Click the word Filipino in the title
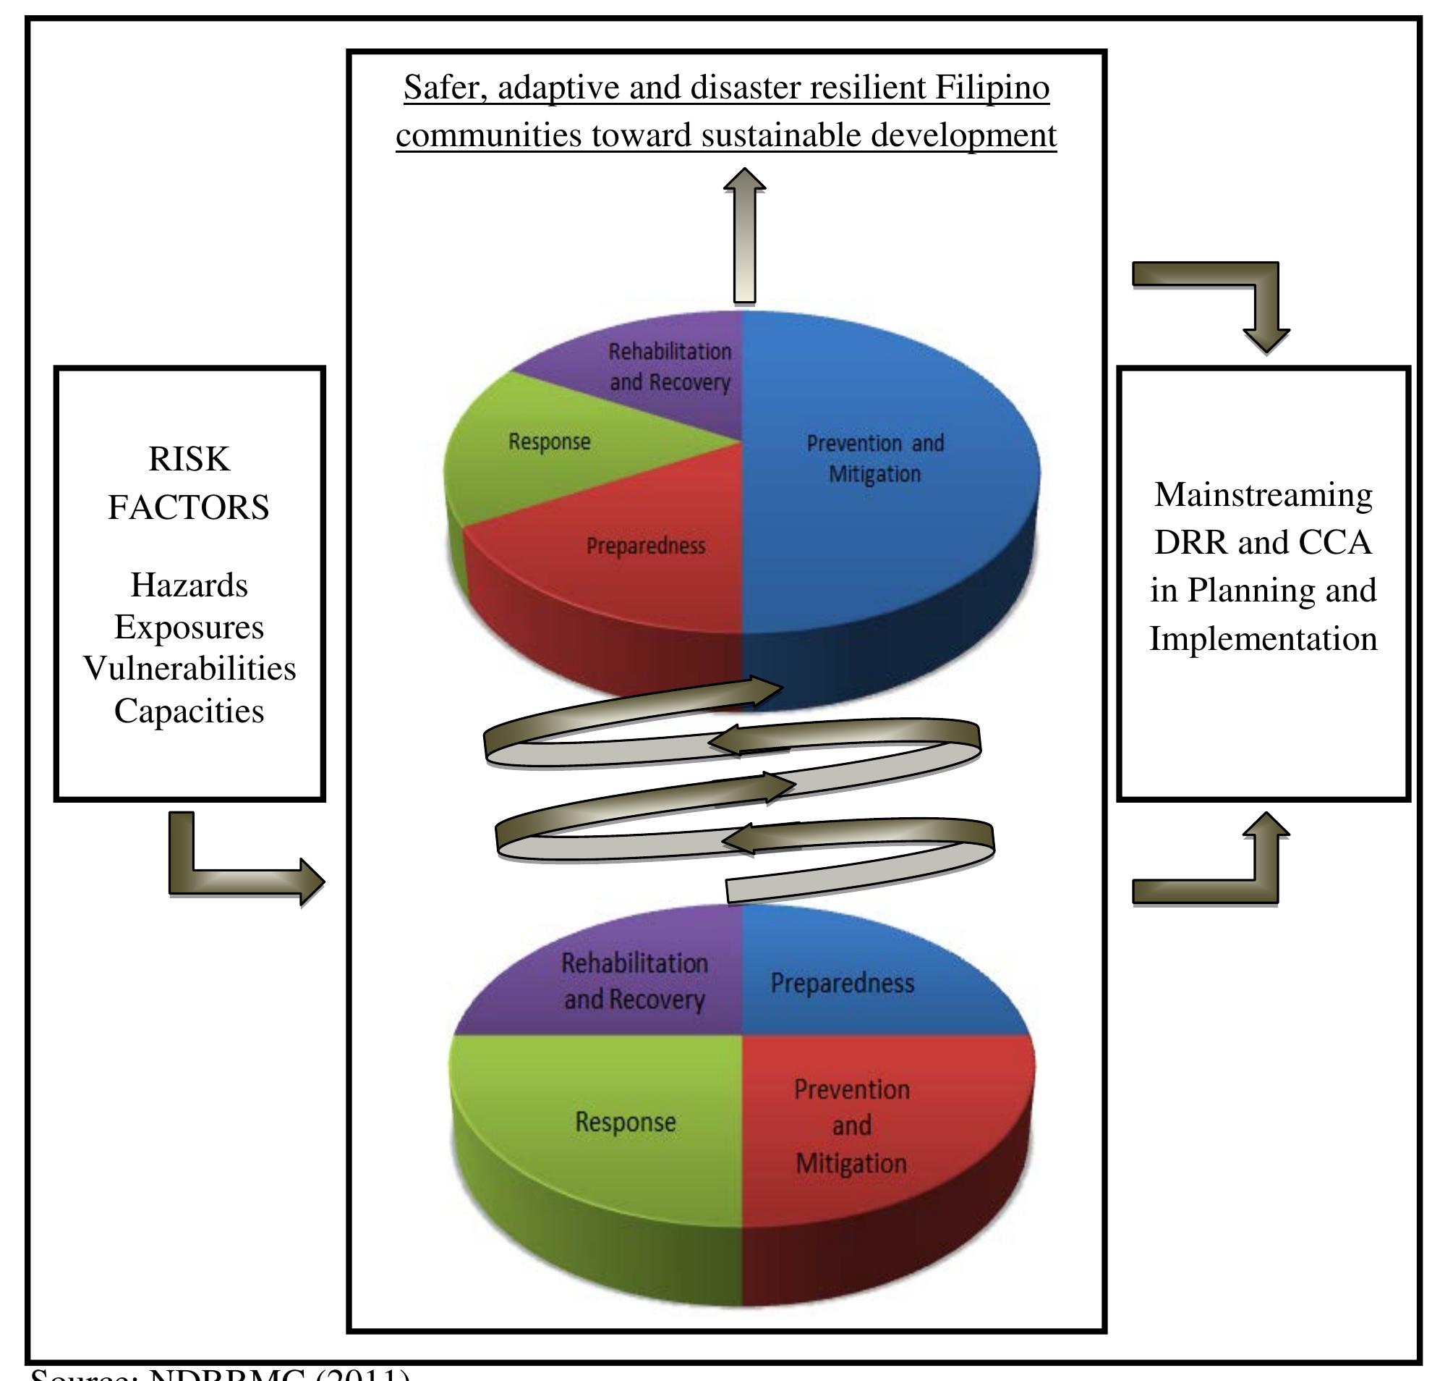(992, 88)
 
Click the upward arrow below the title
(744, 235)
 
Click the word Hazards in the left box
(189, 586)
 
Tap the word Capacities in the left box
(189, 711)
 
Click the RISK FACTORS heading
(189, 483)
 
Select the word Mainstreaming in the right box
(1263, 494)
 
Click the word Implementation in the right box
(1263, 638)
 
